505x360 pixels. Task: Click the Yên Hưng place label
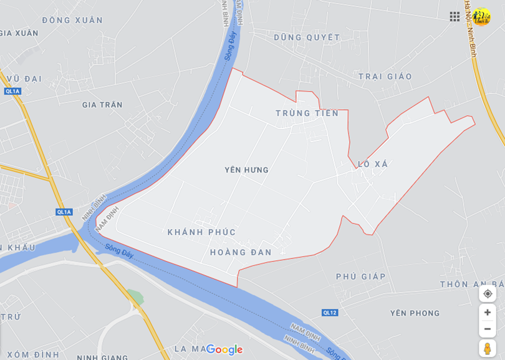click(246, 170)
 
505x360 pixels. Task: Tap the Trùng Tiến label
click(307, 113)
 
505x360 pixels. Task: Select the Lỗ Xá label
click(373, 164)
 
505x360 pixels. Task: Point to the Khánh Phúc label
click(201, 232)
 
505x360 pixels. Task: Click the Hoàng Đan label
click(241, 252)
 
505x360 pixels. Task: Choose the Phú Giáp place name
click(360, 276)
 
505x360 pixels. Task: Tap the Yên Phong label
click(415, 313)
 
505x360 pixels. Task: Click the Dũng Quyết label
click(307, 37)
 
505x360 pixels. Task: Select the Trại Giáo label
click(385, 76)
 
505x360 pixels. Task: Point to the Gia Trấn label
click(102, 105)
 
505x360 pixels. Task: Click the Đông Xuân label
click(72, 20)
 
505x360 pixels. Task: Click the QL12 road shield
click(330, 312)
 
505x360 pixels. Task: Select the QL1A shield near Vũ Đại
click(12, 91)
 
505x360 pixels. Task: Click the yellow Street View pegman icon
click(488, 348)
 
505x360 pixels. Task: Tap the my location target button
click(488, 294)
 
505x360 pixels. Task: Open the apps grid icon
click(454, 16)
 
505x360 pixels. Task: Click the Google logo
click(224, 349)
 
